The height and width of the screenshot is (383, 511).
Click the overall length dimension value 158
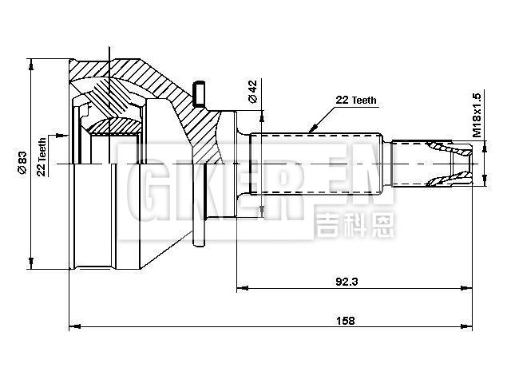point(345,320)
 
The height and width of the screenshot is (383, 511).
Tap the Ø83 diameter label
point(22,163)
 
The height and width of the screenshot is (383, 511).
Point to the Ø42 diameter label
point(252,92)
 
